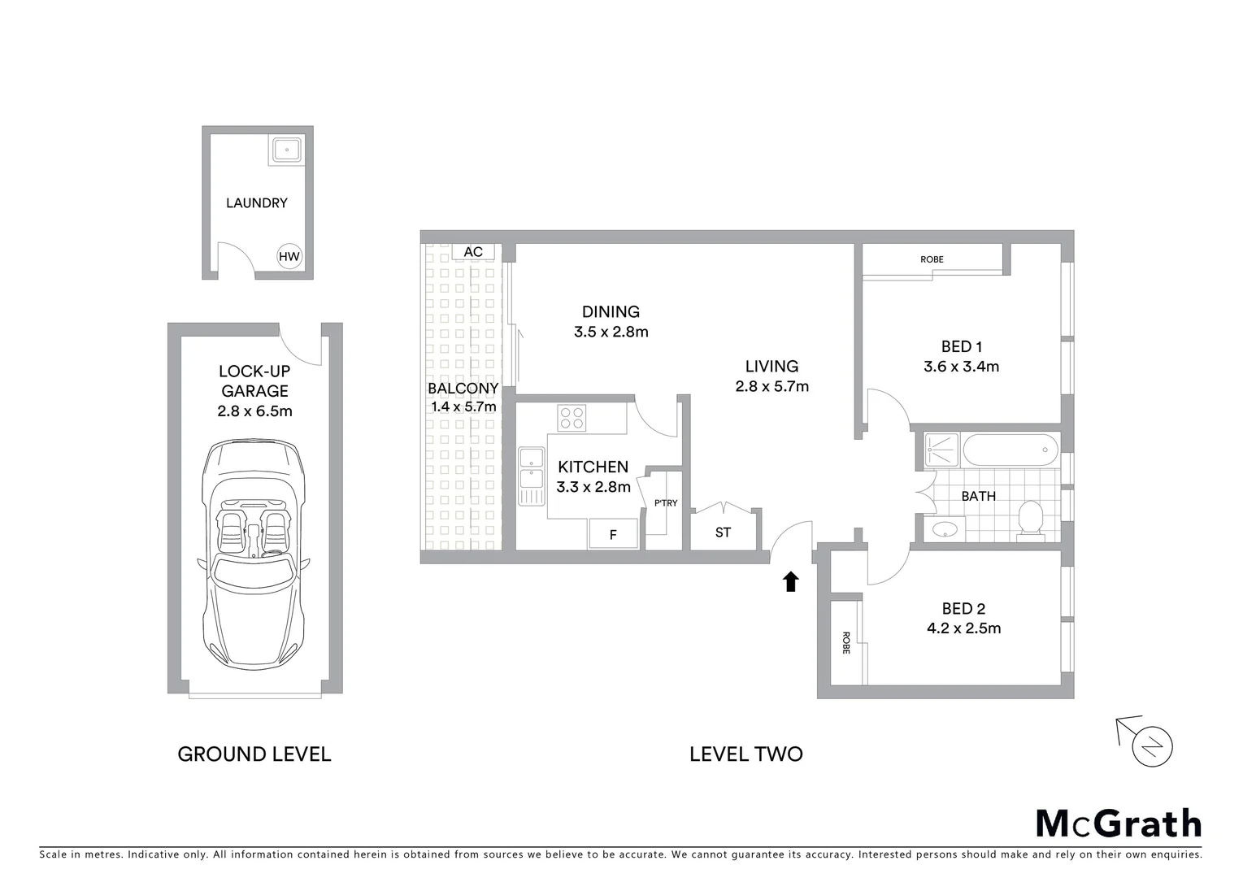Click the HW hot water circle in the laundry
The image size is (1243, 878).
pos(289,257)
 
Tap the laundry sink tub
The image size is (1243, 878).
pos(286,150)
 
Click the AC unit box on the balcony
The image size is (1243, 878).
pos(473,252)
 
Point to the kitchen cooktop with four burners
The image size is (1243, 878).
pos(572,418)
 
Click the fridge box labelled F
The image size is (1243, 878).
pos(613,534)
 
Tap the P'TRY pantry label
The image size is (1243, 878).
pos(665,503)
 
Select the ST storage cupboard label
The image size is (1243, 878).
pos(723,532)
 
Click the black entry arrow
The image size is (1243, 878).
pos(790,581)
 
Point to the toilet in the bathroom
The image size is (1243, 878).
pos(1030,520)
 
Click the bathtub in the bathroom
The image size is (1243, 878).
pos(1010,450)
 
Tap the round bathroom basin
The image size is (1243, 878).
pos(945,530)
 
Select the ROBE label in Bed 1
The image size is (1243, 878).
pos(932,259)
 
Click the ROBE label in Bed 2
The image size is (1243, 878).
pos(845,643)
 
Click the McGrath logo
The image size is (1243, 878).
pos(1118,824)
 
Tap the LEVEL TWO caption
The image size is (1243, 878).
pos(745,754)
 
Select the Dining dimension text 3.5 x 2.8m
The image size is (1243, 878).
pos(611,332)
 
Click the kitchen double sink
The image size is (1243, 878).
pos(532,476)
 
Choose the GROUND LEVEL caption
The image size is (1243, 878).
pos(254,754)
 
